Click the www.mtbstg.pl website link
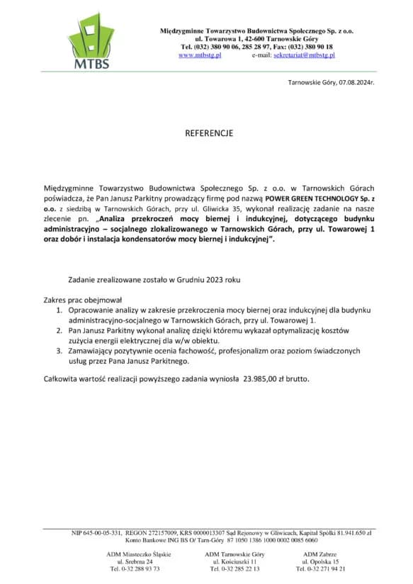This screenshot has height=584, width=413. (200, 55)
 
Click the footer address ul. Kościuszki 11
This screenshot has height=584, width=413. (234, 561)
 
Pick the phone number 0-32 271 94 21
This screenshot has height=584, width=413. (327, 568)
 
